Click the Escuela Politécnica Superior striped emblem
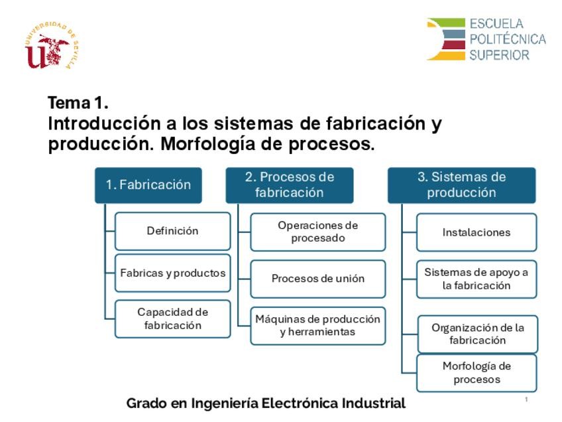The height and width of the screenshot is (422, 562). [446, 40]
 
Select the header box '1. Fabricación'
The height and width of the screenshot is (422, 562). [148, 185]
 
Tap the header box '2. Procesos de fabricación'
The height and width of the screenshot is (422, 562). [290, 185]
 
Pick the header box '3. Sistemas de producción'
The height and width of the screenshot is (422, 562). [461, 185]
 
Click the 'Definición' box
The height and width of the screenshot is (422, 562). [172, 231]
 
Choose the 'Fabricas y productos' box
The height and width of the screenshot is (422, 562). [172, 273]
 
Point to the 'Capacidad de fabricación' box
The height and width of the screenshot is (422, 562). [172, 318]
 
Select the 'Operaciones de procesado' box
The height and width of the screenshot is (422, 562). [317, 232]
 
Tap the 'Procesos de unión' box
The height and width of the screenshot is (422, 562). [317, 279]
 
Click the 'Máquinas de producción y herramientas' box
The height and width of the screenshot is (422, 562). [317, 325]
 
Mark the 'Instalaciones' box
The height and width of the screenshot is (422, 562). [476, 232]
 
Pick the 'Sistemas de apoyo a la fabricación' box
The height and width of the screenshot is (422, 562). [476, 279]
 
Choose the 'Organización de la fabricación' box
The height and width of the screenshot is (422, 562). [477, 334]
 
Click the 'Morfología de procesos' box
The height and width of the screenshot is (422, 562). [477, 373]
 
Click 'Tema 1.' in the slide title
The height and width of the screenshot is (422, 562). [78, 104]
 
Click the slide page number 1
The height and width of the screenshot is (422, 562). [526, 400]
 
